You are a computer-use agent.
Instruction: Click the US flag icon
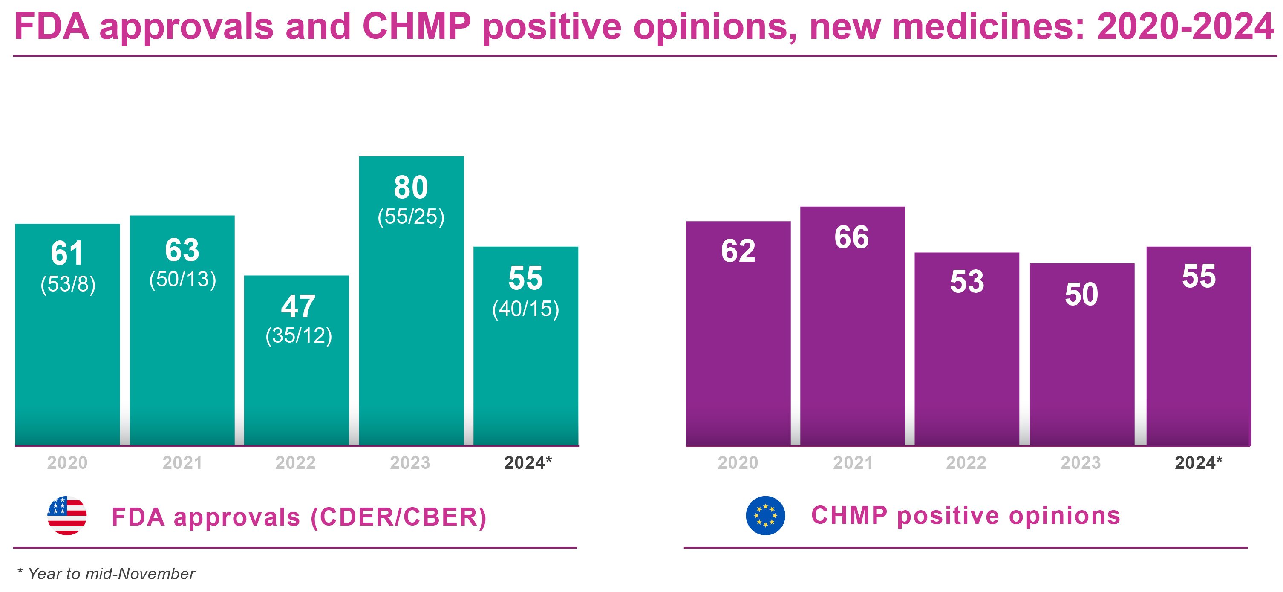67,516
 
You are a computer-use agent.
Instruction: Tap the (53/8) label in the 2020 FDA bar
68,284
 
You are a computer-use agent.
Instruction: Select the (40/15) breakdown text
525,309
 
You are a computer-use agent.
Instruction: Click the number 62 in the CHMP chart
738,251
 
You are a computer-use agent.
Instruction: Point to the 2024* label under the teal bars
528,463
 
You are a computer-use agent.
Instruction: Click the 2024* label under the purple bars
1198,463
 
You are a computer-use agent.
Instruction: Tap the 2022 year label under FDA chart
295,463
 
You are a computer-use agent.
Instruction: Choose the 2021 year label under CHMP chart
853,463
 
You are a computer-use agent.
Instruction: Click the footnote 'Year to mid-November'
110,574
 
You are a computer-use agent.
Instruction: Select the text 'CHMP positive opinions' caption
965,515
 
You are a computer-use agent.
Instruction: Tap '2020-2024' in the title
1185,26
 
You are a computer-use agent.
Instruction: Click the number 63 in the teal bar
182,250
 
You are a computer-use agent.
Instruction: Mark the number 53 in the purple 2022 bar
967,282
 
